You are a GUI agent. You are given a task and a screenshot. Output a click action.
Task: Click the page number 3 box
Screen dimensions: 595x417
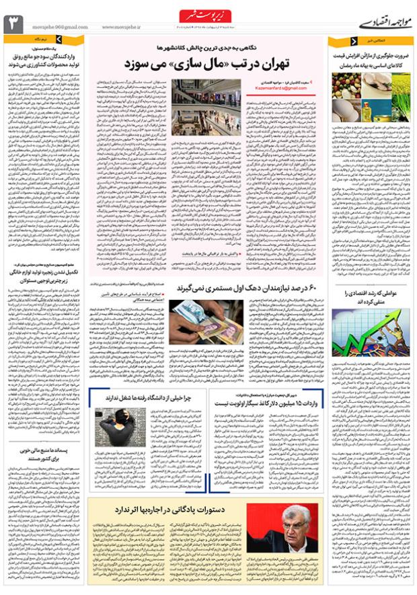tap(13, 24)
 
